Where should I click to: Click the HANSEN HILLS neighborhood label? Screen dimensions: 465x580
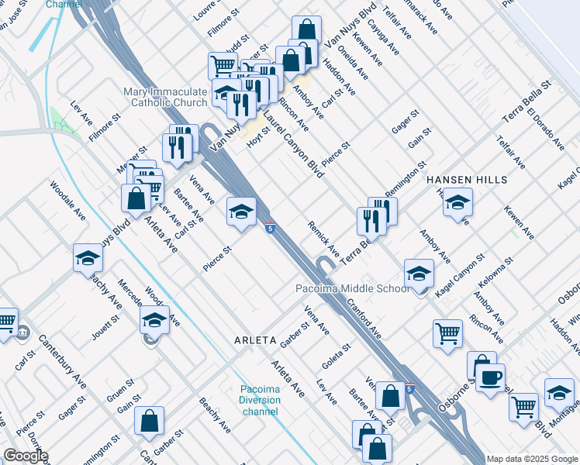pyautogui.click(x=467, y=180)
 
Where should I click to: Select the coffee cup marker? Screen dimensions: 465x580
pyautogui.click(x=490, y=379)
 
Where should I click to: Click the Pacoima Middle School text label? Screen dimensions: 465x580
pyautogui.click(x=353, y=289)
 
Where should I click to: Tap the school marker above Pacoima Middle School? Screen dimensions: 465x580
pyautogui.click(x=419, y=274)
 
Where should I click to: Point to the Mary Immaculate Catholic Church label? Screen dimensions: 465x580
pyautogui.click(x=165, y=97)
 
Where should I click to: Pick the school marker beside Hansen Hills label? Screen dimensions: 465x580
pyautogui.click(x=457, y=204)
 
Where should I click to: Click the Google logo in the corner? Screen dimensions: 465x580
pyautogui.click(x=26, y=456)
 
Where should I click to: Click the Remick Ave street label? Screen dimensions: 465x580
pyautogui.click(x=324, y=239)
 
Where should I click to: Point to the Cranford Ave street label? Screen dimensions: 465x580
pyautogui.click(x=364, y=319)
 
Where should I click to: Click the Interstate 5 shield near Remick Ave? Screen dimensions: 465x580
pyautogui.click(x=269, y=228)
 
